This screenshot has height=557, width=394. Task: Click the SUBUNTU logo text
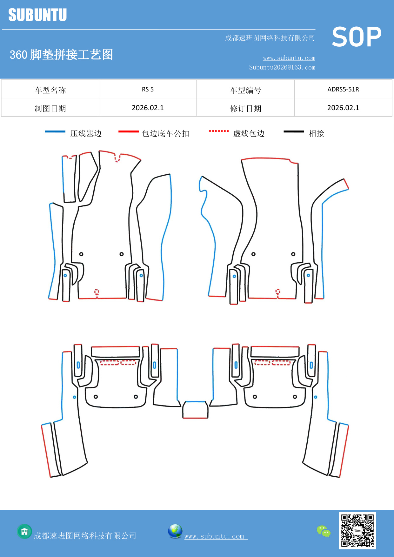click(37, 15)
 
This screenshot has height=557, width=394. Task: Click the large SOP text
click(356, 37)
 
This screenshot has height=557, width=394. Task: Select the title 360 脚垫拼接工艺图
click(61, 55)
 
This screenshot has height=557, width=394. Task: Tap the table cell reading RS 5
click(148, 89)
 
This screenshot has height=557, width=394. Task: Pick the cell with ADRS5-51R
click(343, 89)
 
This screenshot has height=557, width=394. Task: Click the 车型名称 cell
click(50, 90)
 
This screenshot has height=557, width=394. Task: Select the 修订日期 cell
click(245, 108)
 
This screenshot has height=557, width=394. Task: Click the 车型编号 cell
click(245, 90)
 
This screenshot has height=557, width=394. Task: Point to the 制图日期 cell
click(50, 108)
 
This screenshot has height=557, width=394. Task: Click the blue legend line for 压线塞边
click(55, 131)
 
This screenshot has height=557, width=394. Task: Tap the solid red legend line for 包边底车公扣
click(128, 131)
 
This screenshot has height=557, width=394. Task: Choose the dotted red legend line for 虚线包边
click(219, 131)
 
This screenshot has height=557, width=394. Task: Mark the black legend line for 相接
click(294, 131)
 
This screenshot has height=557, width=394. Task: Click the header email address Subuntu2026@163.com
click(282, 67)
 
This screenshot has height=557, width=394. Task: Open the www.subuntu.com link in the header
click(289, 58)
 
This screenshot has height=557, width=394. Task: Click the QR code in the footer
click(357, 530)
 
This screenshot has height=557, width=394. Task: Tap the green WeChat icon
click(324, 531)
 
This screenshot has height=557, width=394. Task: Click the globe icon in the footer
click(175, 531)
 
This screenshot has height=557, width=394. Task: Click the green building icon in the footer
click(24, 531)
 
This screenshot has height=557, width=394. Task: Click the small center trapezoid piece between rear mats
click(195, 410)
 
